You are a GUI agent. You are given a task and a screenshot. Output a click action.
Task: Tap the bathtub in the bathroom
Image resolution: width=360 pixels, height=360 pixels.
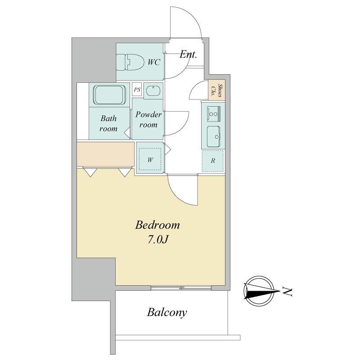[109, 95]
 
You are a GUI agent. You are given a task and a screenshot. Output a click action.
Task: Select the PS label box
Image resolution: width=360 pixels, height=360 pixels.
[137, 89]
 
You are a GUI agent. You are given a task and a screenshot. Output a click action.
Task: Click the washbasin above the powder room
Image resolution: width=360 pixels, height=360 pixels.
[153, 91]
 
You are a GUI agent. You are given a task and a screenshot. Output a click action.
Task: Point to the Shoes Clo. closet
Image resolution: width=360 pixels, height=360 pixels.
[216, 90]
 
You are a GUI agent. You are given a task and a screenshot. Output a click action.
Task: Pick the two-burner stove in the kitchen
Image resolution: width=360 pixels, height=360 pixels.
[213, 114]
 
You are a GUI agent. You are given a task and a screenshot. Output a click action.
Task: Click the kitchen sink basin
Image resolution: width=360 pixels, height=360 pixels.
[213, 137]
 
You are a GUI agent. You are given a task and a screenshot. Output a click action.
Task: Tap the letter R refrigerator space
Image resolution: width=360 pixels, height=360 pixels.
[213, 161]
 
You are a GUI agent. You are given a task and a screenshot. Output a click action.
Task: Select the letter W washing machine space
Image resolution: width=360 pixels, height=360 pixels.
[150, 160]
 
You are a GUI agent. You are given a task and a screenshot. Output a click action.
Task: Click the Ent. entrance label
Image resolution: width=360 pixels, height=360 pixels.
[188, 54]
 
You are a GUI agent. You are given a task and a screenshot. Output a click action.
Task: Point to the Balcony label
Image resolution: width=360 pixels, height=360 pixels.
[167, 313]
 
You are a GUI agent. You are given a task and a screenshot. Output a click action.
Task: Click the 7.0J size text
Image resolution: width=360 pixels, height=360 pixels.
[157, 240]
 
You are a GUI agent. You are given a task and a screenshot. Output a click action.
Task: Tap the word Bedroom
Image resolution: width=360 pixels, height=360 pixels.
[157, 225]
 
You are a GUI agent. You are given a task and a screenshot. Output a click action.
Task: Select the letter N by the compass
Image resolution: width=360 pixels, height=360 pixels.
[287, 292]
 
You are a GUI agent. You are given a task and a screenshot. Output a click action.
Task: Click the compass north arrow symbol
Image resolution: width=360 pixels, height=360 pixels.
[259, 291]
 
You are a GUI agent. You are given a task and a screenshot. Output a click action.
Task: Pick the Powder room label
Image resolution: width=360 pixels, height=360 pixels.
[148, 119]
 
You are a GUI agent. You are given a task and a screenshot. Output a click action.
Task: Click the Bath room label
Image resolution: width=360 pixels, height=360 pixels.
[108, 123]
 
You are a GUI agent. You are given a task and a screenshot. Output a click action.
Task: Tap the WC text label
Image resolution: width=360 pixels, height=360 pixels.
[154, 62]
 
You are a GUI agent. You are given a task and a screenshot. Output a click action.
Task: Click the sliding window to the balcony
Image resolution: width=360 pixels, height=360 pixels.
[181, 288]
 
